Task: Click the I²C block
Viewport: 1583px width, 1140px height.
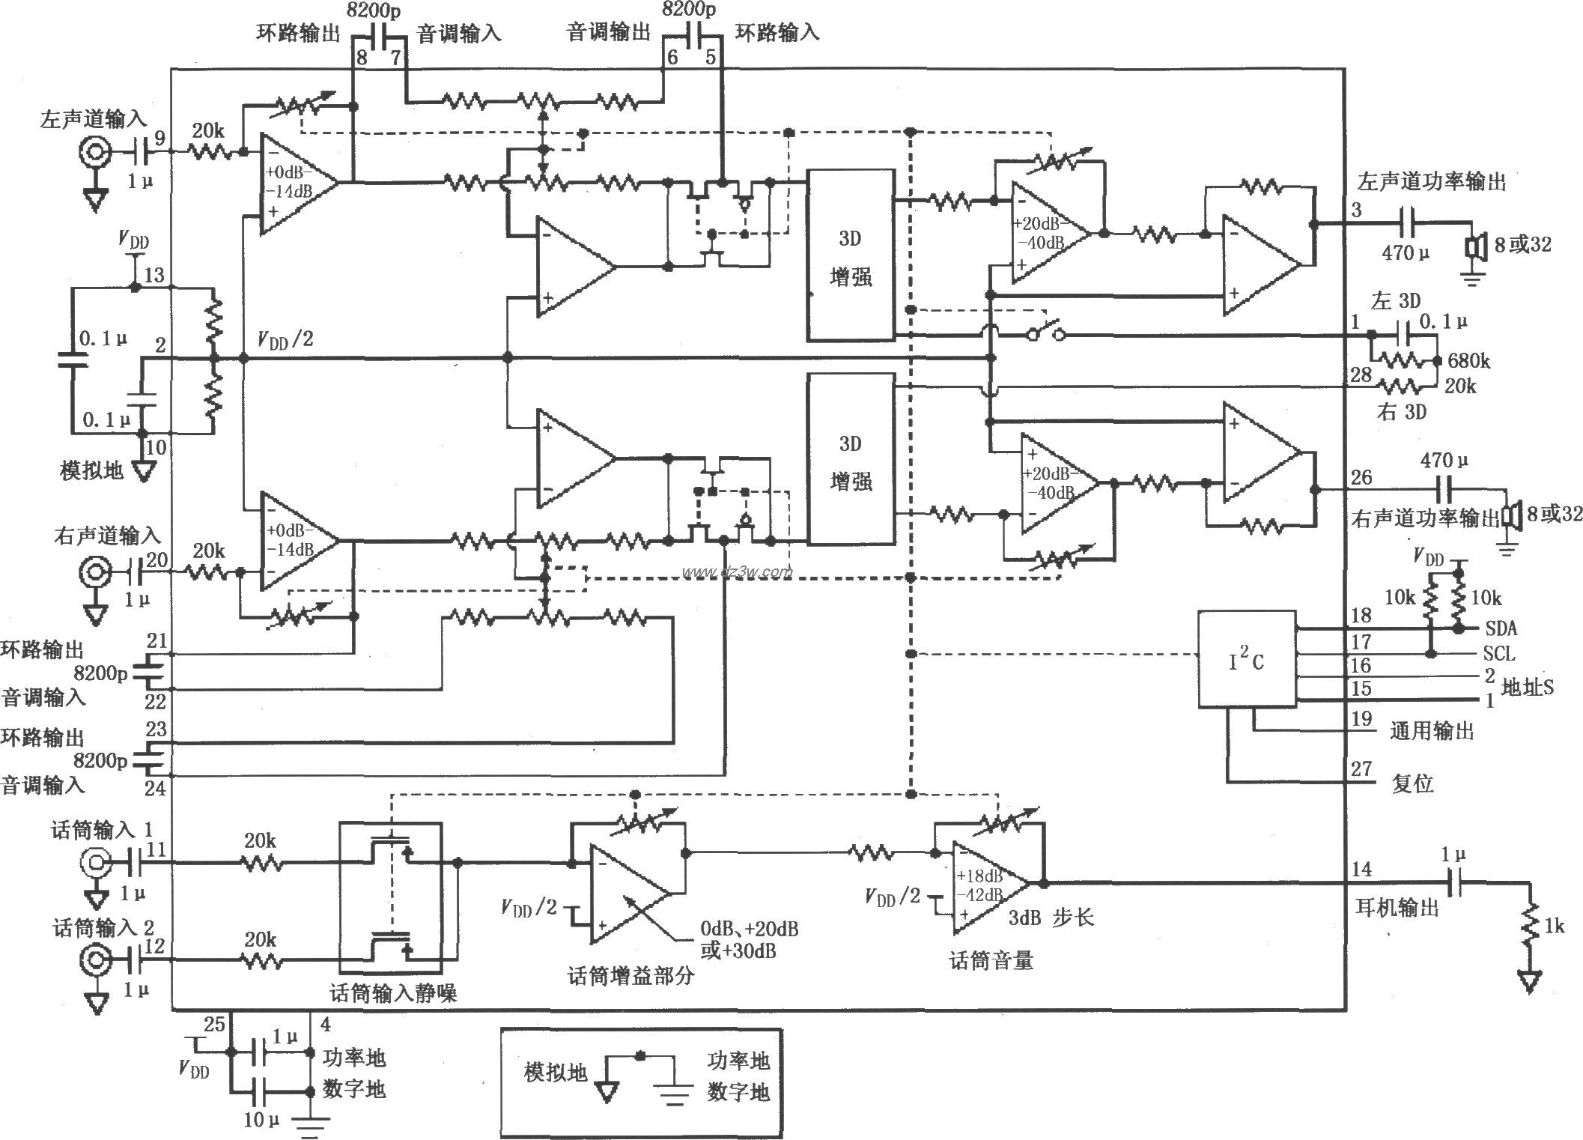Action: (1246, 660)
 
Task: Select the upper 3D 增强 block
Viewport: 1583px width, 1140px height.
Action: (850, 255)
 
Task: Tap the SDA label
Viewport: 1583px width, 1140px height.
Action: (1500, 629)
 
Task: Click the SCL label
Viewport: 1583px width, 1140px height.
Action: (1498, 654)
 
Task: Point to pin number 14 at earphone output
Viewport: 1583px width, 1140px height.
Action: (1361, 869)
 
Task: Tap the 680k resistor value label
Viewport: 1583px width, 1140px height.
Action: (1468, 362)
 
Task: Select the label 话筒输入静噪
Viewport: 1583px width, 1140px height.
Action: (393, 994)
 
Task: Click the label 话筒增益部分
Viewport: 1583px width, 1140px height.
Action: (631, 976)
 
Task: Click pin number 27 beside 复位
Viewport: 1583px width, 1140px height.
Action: (1361, 769)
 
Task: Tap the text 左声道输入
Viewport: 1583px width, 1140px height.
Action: (93, 120)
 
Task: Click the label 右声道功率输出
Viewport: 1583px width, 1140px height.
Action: (1425, 518)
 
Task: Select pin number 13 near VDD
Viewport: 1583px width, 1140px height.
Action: (154, 275)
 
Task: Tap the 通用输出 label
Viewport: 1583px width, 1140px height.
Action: (1431, 731)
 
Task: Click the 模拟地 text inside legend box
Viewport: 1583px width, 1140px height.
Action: (556, 1073)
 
